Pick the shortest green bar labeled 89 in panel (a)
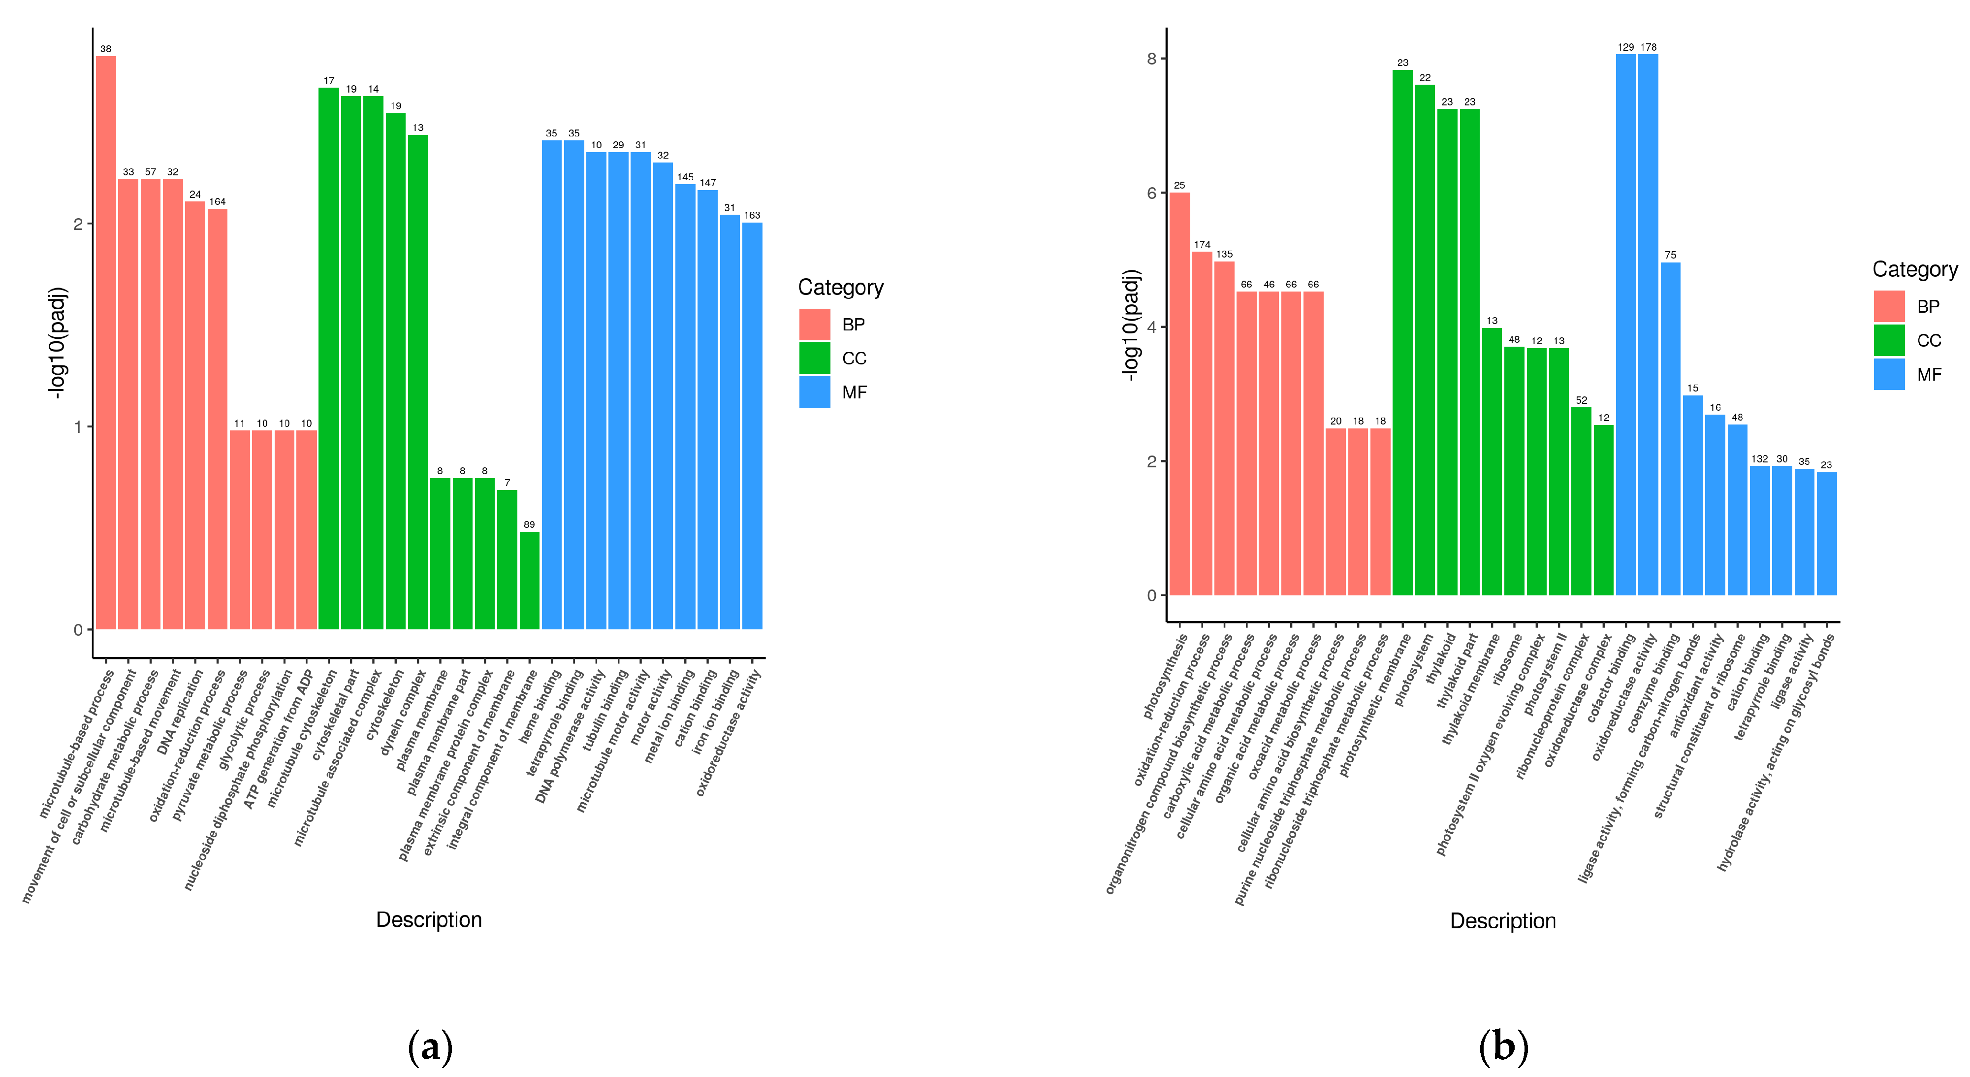[529, 581]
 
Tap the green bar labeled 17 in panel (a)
[329, 359]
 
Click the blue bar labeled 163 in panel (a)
[753, 426]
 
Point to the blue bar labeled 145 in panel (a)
[685, 407]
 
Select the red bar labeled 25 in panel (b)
[1180, 394]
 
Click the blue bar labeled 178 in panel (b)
[1648, 325]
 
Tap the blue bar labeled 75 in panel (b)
[1670, 429]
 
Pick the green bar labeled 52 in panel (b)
[1582, 501]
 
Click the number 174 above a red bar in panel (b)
[1202, 245]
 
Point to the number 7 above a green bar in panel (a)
[507, 483]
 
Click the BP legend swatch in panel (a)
[815, 325]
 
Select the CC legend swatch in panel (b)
[1889, 340]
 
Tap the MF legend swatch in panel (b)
[1889, 374]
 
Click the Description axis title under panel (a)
[429, 919]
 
